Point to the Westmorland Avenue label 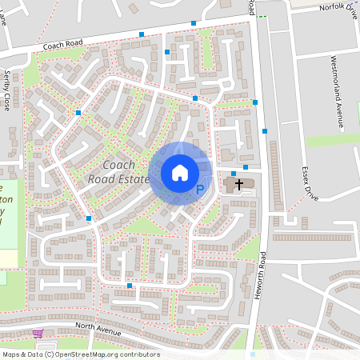338,91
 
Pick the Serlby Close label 7,90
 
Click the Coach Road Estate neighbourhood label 119,171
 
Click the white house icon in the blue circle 180,173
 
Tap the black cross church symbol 238,185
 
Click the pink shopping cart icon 37,334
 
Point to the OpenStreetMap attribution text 81,354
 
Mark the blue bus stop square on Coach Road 142,34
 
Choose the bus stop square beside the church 234,173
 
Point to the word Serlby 7,80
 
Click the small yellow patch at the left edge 8,258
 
